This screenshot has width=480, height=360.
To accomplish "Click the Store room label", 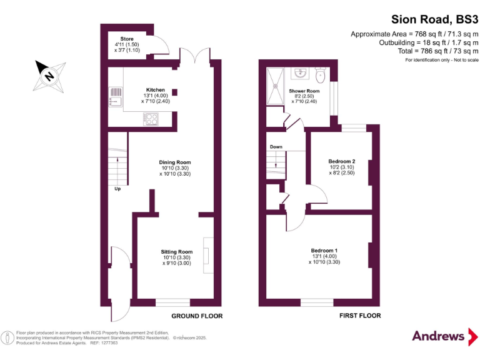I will pyautogui.click(x=127, y=39).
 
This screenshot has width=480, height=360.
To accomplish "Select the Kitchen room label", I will pyautogui.click(x=156, y=90).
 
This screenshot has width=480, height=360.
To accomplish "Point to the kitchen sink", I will pyautogui.click(x=116, y=96).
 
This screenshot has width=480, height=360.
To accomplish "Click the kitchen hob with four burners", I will pyautogui.click(x=151, y=118).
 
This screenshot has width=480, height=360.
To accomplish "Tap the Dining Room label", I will pyautogui.click(x=174, y=162).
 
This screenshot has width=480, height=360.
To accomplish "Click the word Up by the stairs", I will pyautogui.click(x=117, y=187).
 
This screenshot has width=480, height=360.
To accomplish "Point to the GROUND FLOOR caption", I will pyautogui.click(x=197, y=316).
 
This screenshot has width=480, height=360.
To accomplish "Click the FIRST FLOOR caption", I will pyautogui.click(x=360, y=316).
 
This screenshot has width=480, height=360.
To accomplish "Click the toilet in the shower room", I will pyautogui.click(x=321, y=77).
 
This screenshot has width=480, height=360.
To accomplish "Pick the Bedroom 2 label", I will pyautogui.click(x=342, y=162).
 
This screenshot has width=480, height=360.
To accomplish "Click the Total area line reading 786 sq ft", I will pyautogui.click(x=438, y=51).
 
